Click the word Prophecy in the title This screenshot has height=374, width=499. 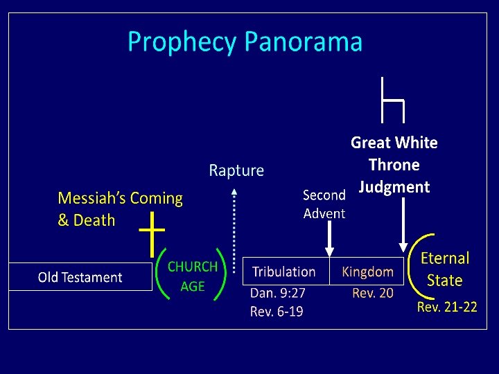coord(181,43)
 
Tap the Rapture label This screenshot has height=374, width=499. coord(236,170)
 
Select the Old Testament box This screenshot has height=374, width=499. coord(80,277)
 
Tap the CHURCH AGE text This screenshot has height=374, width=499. coord(193,276)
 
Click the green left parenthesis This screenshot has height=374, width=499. coord(160,274)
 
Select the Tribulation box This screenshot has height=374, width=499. coord(284,272)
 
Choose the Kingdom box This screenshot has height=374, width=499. coord(367,272)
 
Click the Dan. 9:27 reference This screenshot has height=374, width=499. coord(278,293)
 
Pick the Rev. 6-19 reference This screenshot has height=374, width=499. coord(277,312)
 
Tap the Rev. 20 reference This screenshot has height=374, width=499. coord(373,293)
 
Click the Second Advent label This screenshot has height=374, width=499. coord(324,204)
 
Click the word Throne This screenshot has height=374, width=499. coord(394,165)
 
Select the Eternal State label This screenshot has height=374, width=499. coord(445,269)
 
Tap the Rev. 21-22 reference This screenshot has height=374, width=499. coord(447,307)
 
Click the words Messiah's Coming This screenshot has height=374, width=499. coord(120,199)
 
